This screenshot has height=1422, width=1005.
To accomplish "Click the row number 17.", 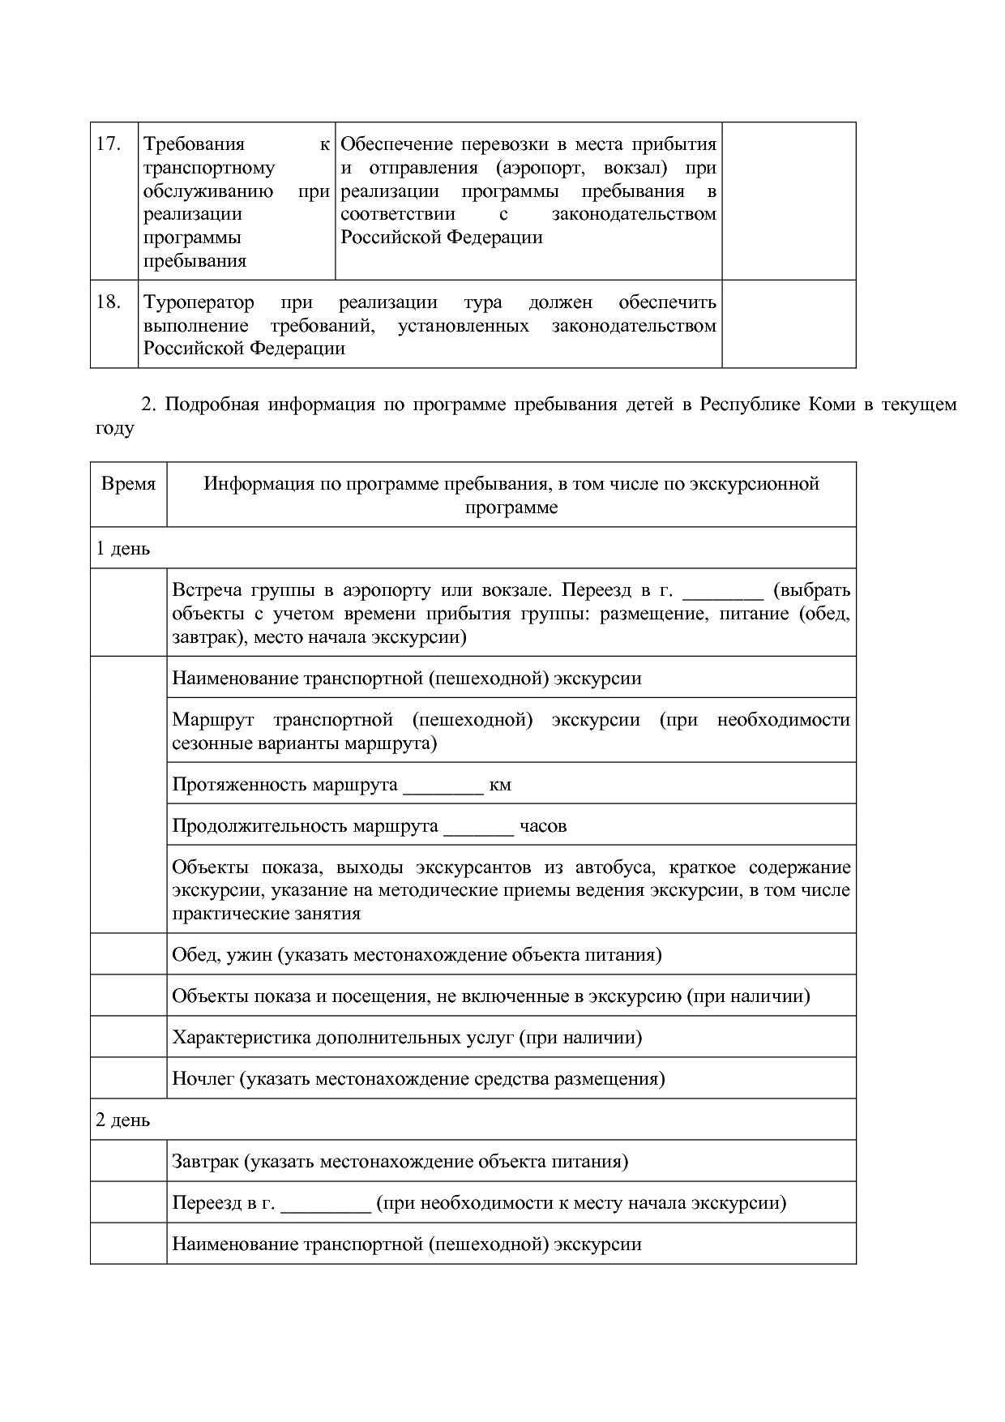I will tap(109, 144).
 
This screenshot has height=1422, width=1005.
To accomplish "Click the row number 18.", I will tap(109, 302).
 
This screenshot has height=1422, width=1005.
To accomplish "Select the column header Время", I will tap(128, 484).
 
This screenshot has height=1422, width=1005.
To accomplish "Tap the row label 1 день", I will tap(123, 549).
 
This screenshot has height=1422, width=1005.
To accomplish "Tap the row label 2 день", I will tap(123, 1120).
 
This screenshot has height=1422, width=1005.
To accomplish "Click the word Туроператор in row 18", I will tap(199, 302).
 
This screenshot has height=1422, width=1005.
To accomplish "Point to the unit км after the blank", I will tap(500, 785).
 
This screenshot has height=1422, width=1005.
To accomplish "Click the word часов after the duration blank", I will tap(543, 826).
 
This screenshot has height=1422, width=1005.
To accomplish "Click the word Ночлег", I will tap(200, 1079).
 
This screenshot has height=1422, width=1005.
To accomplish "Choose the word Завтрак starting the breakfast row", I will tap(205, 1162).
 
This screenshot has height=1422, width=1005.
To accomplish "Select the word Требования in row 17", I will tap(194, 144).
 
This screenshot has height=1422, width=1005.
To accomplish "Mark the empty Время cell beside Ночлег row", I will tap(128, 1078).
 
